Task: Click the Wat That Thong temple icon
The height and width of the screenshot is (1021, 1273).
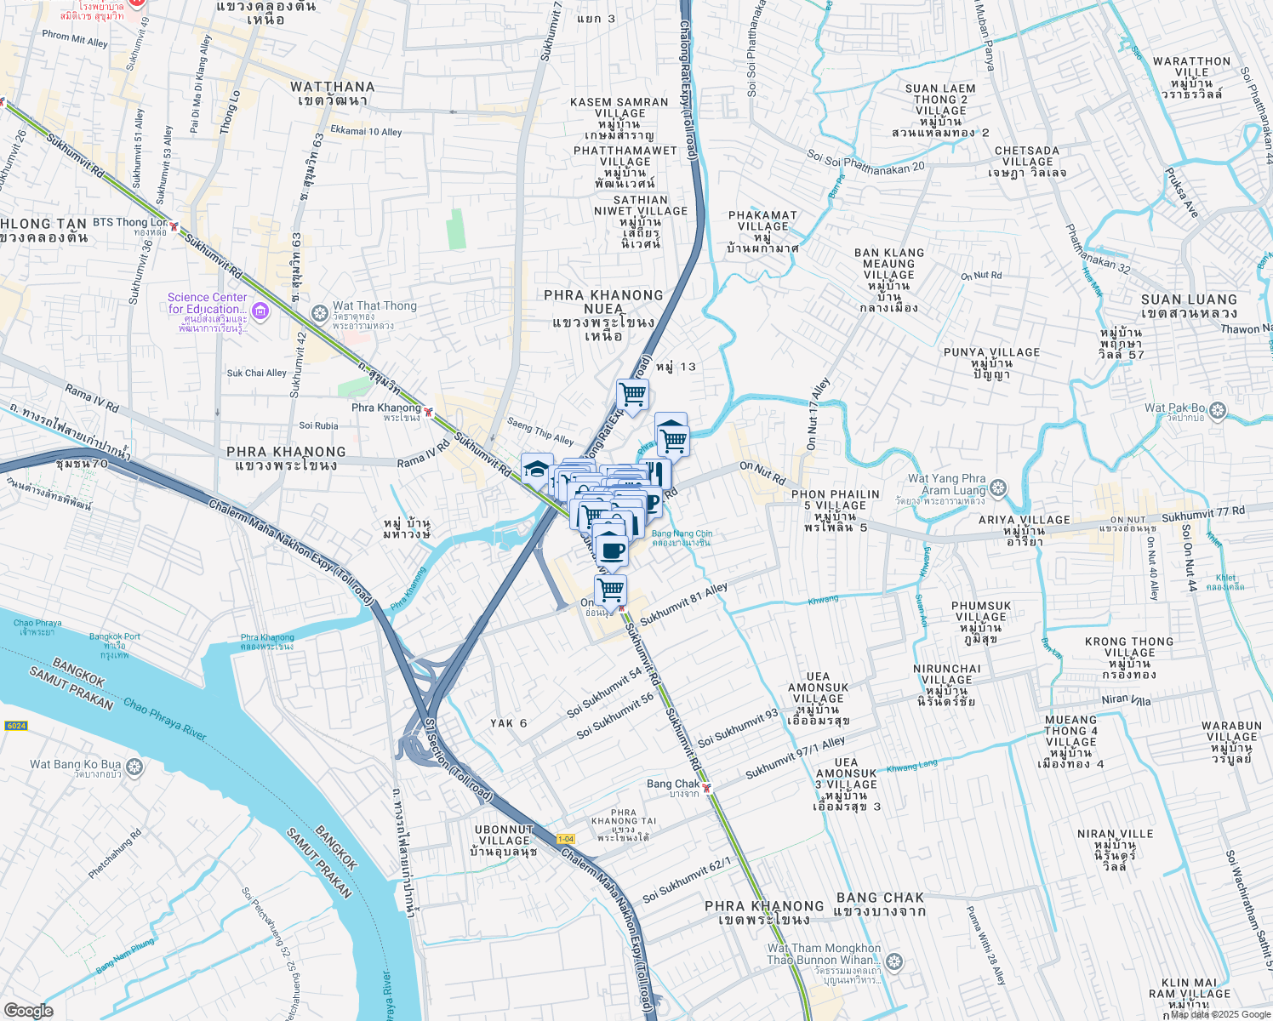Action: pos(320,313)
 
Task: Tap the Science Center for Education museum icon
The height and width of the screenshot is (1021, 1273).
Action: pos(260,312)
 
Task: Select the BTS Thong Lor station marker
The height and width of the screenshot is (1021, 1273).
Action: pos(174,227)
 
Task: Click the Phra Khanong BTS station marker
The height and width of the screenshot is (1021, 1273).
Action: pos(428,413)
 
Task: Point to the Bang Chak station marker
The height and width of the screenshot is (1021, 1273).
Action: pos(706,788)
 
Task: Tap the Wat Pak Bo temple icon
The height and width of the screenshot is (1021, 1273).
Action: pos(1218,411)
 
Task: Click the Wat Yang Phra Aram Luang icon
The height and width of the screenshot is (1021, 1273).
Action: pos(998,488)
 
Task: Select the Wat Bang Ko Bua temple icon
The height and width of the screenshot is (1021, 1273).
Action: pos(134,768)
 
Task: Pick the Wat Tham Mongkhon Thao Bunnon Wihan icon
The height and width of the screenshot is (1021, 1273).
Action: pos(893,962)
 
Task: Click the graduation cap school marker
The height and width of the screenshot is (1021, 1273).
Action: pos(537,469)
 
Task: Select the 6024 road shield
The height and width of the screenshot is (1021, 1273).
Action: pos(16,726)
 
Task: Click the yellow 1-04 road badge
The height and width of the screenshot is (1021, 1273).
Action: pos(566,839)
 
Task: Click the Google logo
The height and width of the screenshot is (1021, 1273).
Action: pos(28,1011)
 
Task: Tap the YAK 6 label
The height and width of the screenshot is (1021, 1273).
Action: pos(509,723)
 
